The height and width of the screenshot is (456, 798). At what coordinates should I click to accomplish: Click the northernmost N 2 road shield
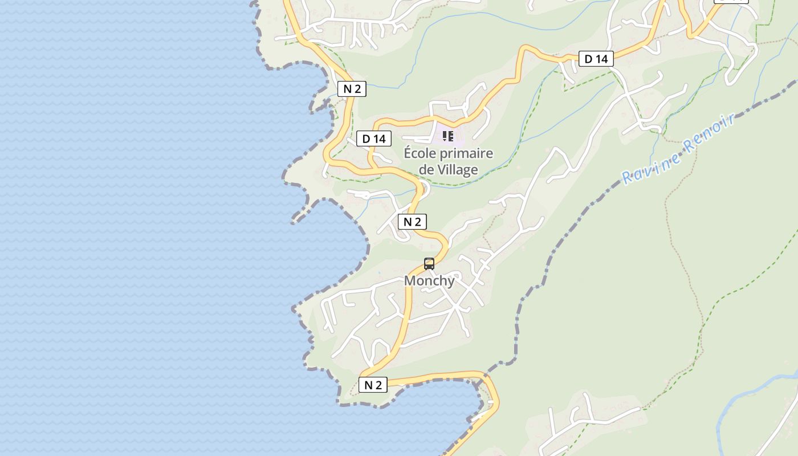click(x=352, y=89)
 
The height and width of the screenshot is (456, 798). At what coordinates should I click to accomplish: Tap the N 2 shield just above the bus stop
click(x=412, y=222)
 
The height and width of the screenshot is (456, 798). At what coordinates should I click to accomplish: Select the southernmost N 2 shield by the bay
click(x=373, y=385)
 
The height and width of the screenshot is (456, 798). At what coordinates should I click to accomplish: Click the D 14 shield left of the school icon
click(x=374, y=139)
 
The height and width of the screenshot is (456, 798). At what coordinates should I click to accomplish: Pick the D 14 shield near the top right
click(x=596, y=59)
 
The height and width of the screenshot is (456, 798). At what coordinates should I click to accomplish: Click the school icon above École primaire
click(x=448, y=136)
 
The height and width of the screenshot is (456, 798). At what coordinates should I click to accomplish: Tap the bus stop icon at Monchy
click(x=429, y=264)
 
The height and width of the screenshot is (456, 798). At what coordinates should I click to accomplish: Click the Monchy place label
click(x=429, y=280)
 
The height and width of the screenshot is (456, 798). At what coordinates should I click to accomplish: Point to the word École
click(x=422, y=153)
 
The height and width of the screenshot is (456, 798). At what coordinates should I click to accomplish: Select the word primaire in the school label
click(x=468, y=153)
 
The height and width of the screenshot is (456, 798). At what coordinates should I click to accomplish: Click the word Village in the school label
click(x=458, y=170)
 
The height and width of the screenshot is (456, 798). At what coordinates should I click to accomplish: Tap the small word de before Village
click(x=426, y=170)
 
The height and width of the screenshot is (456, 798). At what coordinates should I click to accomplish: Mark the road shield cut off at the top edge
click(x=732, y=1)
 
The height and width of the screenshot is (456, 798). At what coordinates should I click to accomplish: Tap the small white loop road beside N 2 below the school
click(x=424, y=188)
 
